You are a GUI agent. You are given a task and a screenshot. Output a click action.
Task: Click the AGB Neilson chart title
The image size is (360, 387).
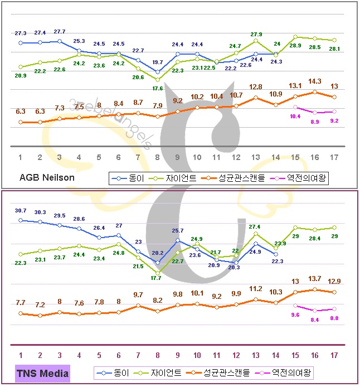point(47,177)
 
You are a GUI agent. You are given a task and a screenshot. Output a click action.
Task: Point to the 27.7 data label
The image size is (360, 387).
point(60,31)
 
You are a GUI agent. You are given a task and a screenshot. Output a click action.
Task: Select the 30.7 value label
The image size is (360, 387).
point(20,210)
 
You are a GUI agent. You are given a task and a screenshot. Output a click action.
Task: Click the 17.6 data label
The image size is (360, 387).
point(158,88)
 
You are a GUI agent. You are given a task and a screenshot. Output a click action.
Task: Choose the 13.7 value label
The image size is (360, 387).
point(315,278)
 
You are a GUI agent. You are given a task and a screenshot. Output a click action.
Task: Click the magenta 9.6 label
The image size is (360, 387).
point(295,315)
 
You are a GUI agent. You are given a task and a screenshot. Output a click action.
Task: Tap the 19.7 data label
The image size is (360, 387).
point(158,62)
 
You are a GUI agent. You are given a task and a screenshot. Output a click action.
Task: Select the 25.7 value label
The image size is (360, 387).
point(177,231)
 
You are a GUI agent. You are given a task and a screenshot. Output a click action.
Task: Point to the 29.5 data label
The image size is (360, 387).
point(60,216)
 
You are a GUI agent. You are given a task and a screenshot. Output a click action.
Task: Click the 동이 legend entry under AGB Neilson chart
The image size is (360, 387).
point(129,178)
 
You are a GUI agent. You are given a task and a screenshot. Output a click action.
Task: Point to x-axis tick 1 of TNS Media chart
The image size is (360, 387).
point(20,354)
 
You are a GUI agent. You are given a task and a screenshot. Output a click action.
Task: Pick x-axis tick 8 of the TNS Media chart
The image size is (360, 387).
point(158,354)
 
